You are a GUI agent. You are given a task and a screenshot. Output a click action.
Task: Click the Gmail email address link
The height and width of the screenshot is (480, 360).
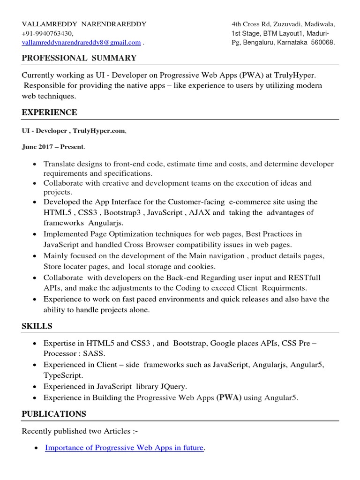tap(81, 43)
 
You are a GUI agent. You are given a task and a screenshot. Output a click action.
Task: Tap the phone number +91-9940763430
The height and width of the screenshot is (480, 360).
tap(47, 33)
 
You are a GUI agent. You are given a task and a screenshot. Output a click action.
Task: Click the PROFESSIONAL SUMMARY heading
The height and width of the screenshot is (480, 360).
tap(79, 58)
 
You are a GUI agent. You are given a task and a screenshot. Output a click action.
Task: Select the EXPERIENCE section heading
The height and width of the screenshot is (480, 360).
tap(49, 112)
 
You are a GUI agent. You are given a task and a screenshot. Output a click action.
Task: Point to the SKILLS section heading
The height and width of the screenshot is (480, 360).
tap(37, 326)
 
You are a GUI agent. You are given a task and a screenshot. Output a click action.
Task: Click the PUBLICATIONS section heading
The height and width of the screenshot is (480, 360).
tap(54, 414)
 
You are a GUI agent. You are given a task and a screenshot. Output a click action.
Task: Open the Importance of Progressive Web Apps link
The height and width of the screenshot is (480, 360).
tap(124, 448)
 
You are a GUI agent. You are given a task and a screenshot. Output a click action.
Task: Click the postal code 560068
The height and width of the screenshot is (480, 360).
tap(321, 43)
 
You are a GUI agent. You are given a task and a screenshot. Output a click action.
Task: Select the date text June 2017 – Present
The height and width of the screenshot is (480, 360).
tap(53, 147)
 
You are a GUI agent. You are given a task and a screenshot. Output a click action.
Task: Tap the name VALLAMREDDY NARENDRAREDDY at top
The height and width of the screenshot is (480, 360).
tap(84, 24)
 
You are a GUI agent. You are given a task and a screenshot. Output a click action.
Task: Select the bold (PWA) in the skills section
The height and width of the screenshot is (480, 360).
tap(229, 398)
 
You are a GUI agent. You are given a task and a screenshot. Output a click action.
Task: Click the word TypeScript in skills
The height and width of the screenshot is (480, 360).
tap(63, 375)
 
